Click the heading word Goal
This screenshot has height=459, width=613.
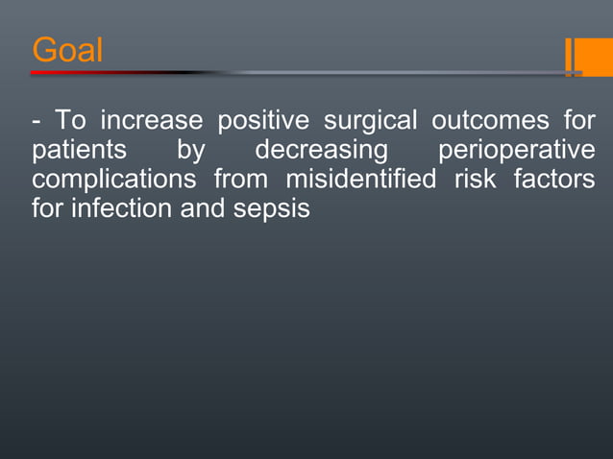coord(66,50)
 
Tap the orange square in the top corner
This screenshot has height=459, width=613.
coord(595,56)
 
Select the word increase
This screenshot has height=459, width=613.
coord(152,122)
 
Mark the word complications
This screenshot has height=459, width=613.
coord(109,181)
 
